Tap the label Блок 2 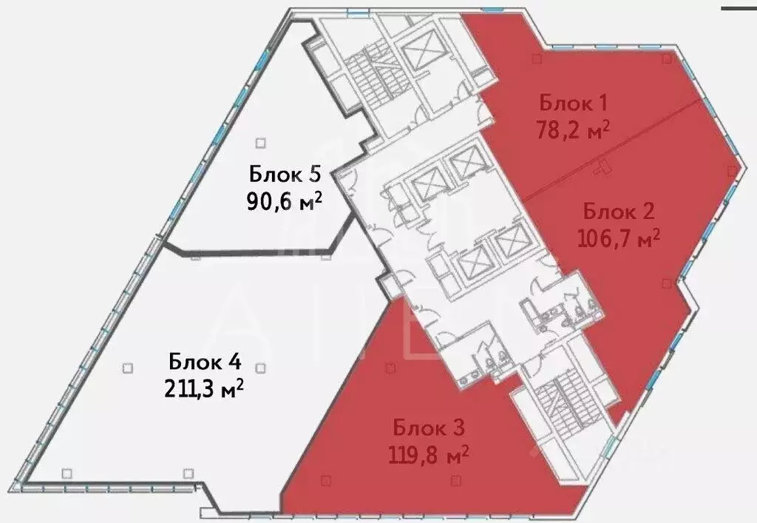coord(619,212)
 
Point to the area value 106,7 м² coord(617,238)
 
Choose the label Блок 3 coord(428,428)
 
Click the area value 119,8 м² coord(429,453)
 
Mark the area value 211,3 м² coord(204,388)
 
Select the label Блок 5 coord(285,175)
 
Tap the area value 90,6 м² coord(285,201)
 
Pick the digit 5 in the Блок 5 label coord(313,175)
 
